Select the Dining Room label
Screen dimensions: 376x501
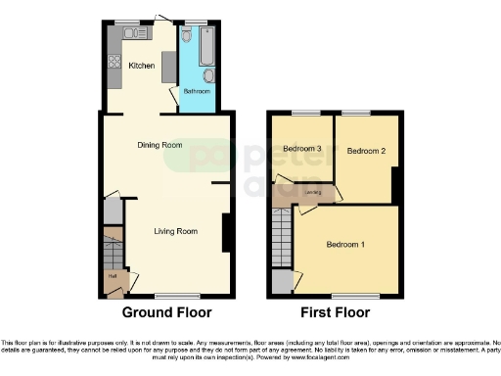pyautogui.click(x=159, y=145)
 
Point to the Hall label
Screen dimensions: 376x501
pyautogui.click(x=113, y=277)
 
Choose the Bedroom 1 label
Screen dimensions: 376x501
pyautogui.click(x=345, y=244)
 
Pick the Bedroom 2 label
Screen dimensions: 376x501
pyautogui.click(x=366, y=151)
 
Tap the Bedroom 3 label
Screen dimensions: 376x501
pyautogui.click(x=302, y=149)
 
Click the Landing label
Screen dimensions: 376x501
pyautogui.click(x=313, y=193)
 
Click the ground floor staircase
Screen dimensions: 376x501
pyautogui.click(x=114, y=250)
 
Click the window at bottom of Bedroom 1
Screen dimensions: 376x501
pyautogui.click(x=346, y=294)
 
